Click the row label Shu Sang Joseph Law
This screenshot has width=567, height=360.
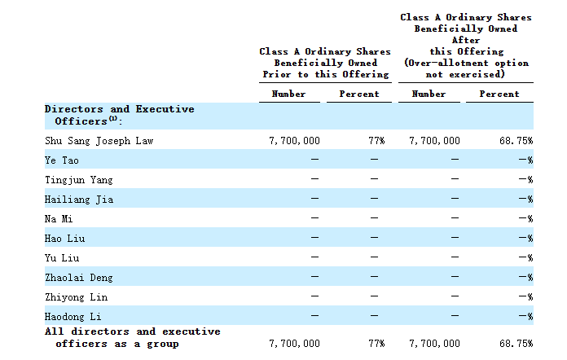(x=99, y=141)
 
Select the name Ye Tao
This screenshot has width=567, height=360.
(x=61, y=160)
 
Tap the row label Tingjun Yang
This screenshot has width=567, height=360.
(x=79, y=180)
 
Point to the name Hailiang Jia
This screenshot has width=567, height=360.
(x=79, y=200)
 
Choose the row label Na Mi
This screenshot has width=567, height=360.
(x=59, y=219)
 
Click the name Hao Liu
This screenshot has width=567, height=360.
(x=64, y=239)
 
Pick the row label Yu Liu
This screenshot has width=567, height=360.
(x=62, y=258)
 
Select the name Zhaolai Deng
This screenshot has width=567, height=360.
(x=79, y=278)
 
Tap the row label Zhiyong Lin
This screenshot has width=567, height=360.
(x=77, y=297)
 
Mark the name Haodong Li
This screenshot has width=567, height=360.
(x=73, y=317)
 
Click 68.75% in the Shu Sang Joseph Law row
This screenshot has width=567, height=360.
(x=516, y=141)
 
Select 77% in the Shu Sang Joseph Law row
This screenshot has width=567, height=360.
(x=376, y=141)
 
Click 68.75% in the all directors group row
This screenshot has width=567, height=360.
(x=516, y=344)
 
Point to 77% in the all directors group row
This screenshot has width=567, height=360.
(x=376, y=344)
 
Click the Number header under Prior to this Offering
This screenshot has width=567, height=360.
(x=288, y=94)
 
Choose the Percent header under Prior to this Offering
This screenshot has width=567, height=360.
(x=359, y=94)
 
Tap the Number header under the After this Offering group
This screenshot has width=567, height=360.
(x=429, y=94)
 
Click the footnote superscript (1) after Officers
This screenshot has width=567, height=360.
(x=113, y=119)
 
